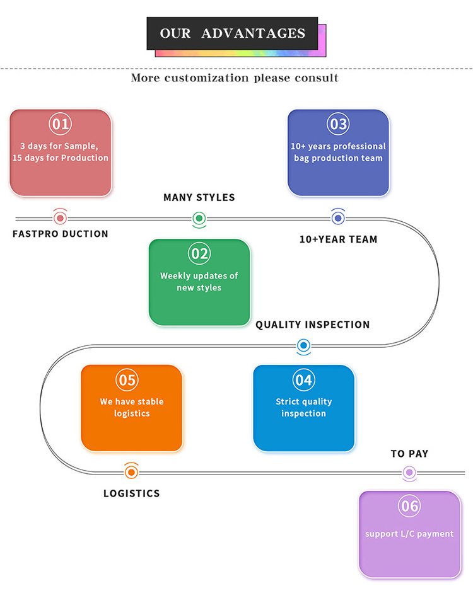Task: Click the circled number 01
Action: pos(61,124)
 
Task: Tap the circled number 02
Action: pos(199,253)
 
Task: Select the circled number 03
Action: pos(339,124)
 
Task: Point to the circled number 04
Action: pos(303,380)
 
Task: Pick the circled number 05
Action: pos(127,380)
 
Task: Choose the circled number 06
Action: pos(409,506)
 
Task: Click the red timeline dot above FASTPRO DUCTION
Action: pos(61,218)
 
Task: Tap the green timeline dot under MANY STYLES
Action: pos(199,219)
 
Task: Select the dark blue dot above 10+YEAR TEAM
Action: pos(338,218)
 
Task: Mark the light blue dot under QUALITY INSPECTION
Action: pos(303,345)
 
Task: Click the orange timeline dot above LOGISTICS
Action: pos(131,471)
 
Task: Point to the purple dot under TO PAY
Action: pos(409,472)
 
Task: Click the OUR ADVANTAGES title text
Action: pos(232,33)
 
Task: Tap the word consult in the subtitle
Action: pos(317,78)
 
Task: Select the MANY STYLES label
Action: pos(199,198)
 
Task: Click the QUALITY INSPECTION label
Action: pos(312,325)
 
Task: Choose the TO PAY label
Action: pos(409,454)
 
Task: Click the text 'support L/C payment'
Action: pos(409,534)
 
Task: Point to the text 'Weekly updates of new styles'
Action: pos(199,282)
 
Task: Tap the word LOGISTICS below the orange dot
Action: pos(131,493)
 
